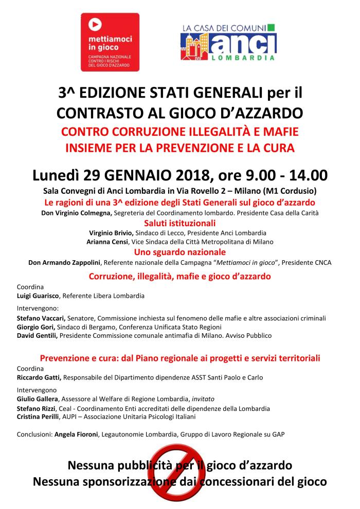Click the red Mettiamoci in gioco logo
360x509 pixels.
click(113, 42)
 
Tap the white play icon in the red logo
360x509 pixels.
click(95, 23)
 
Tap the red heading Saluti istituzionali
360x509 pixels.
click(179, 223)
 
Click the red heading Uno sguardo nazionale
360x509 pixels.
click(179, 252)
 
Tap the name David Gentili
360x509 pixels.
click(37, 336)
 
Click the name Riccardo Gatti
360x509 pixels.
click(39, 377)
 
